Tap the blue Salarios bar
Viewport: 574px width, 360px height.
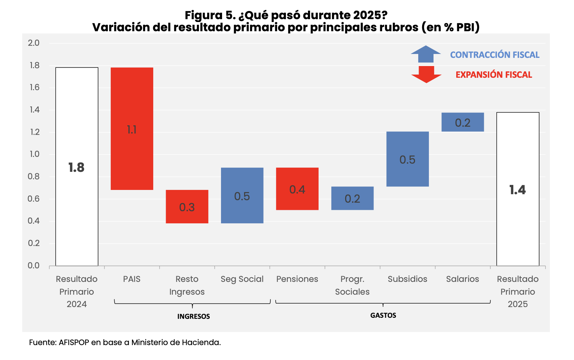[x=462, y=122]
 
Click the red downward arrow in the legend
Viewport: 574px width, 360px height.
[x=426, y=74]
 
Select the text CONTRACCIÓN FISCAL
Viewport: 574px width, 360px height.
[x=495, y=55]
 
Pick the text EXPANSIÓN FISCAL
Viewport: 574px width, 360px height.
[x=494, y=75]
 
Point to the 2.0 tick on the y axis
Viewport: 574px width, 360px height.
[x=34, y=43]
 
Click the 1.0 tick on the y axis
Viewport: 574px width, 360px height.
[x=34, y=154]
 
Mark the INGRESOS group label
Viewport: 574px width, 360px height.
[x=193, y=316]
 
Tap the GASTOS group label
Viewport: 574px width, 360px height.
[x=383, y=315]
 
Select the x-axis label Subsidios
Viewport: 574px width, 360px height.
[x=407, y=279]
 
